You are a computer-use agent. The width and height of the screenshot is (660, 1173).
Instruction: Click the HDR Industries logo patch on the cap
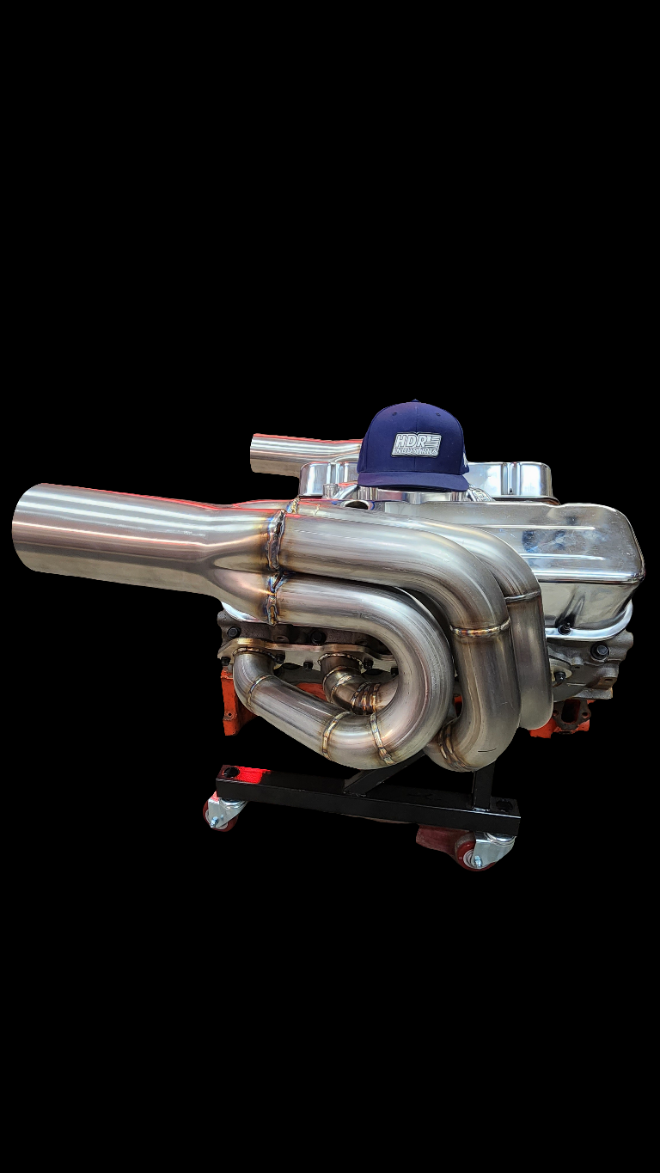(x=416, y=444)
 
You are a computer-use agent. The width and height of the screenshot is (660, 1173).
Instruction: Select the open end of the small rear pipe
(x=255, y=452)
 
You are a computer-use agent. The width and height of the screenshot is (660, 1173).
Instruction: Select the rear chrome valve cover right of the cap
(x=511, y=479)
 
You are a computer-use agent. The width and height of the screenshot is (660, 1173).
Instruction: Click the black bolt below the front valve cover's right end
(x=600, y=651)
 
